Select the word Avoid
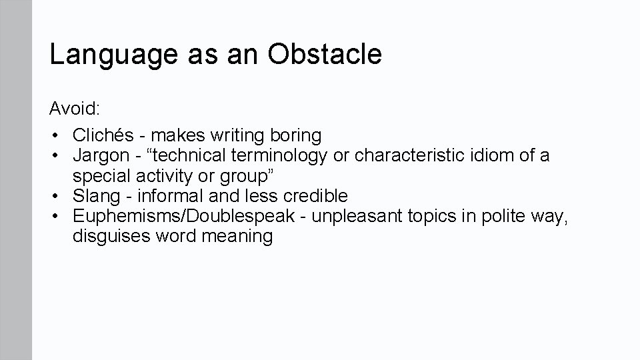72,108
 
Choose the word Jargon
101,156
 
